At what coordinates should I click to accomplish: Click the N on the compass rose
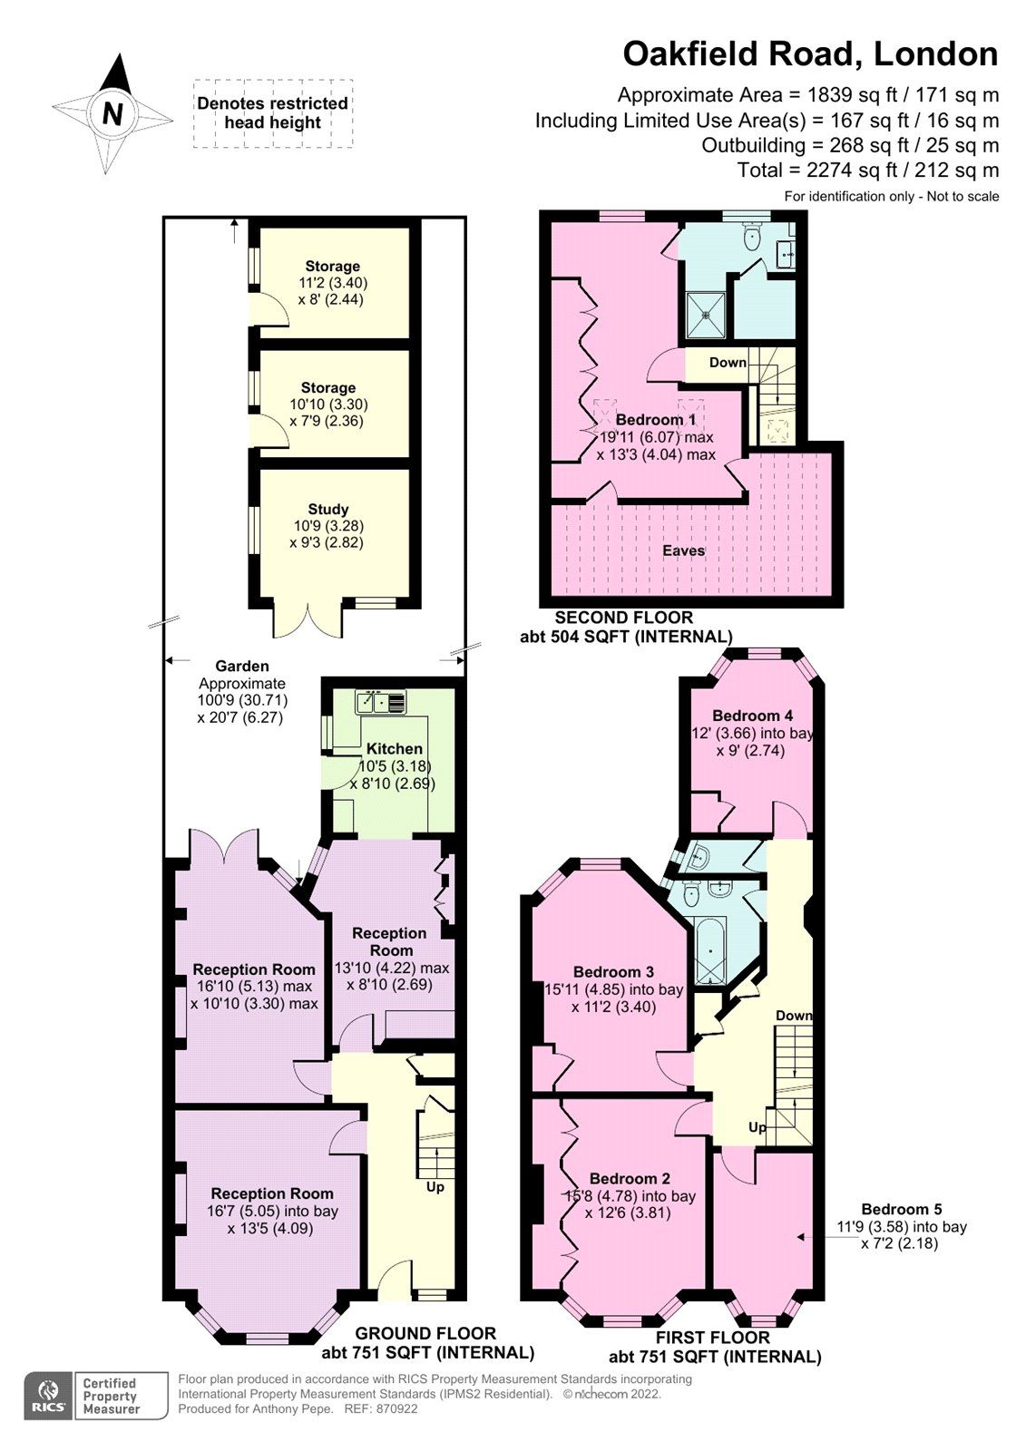click(x=112, y=114)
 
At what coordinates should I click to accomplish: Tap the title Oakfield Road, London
click(x=809, y=54)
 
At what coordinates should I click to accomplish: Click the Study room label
click(x=327, y=510)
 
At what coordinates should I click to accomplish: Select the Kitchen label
click(x=394, y=749)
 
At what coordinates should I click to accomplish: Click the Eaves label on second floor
click(x=683, y=550)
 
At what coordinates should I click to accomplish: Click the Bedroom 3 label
click(x=613, y=972)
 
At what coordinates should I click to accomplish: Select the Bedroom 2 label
click(x=630, y=1179)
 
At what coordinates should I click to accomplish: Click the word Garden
click(x=241, y=667)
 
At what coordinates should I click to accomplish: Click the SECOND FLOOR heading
click(x=624, y=618)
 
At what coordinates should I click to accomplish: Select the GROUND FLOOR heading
click(x=425, y=1333)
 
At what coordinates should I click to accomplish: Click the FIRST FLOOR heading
click(x=713, y=1338)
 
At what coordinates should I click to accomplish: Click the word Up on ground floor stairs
click(x=435, y=1186)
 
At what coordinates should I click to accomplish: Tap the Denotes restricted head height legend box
click(x=272, y=113)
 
